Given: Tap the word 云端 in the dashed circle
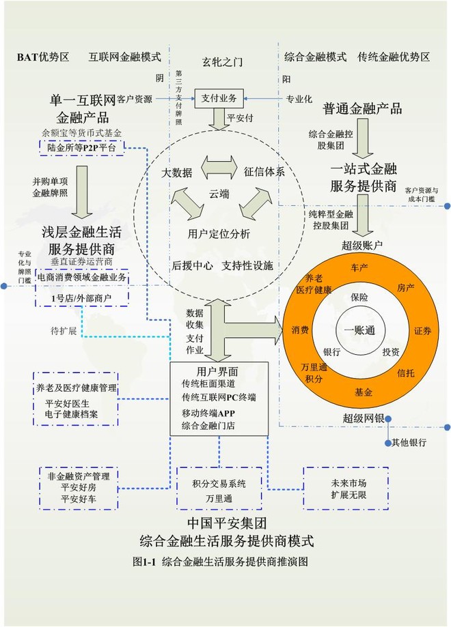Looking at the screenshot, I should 219,194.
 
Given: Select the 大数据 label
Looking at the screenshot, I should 177,171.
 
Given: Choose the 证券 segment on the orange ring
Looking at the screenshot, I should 422,330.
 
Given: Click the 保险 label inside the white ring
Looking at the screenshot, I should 359,297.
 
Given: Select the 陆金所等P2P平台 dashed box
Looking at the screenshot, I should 81,146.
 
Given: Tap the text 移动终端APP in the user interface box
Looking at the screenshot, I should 208,411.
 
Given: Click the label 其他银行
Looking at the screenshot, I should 409,442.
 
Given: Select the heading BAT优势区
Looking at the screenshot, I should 43,57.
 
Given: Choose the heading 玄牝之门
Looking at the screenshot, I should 223,61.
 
